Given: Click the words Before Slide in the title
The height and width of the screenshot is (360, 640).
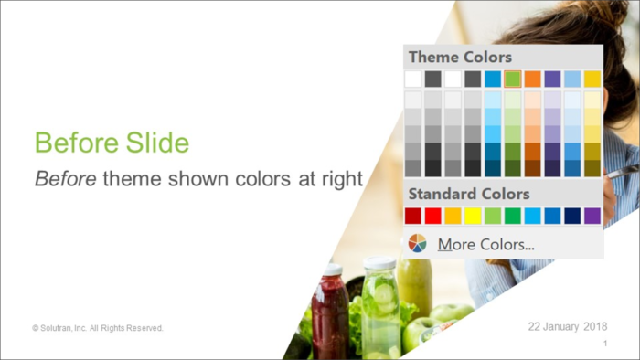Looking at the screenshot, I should pos(112,143).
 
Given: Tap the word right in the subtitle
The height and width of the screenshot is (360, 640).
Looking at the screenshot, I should pos(342,178).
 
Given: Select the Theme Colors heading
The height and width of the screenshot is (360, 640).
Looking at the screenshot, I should pos(460,58).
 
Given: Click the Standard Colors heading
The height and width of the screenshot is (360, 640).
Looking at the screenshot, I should pos(468,194).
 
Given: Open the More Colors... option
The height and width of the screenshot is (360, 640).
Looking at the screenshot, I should pos(485,244).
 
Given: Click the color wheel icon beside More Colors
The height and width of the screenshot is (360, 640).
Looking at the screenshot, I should pos(417,243).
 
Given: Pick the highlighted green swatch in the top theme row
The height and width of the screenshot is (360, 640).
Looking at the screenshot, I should pos(513,79).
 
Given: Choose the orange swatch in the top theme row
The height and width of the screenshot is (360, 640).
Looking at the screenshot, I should pos(533,79).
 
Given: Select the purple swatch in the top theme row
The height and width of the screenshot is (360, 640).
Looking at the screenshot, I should pos(553,79).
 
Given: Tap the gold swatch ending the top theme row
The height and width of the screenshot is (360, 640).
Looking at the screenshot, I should pos(592,79).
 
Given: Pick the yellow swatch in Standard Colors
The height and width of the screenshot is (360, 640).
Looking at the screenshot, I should pos(473,216).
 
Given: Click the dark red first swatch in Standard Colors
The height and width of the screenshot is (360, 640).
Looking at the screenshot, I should pos(413,216).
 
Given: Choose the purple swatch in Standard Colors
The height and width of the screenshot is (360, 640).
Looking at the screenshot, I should pos(592,216).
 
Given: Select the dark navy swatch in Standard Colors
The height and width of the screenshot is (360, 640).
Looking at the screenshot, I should pos(572,216).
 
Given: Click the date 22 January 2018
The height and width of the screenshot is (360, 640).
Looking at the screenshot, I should pos(569,326).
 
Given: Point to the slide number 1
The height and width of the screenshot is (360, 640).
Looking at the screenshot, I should pos(605,344).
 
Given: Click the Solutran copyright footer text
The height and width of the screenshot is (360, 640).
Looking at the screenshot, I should pos(98,327).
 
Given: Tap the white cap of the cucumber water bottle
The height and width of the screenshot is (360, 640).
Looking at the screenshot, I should pos(379,264).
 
